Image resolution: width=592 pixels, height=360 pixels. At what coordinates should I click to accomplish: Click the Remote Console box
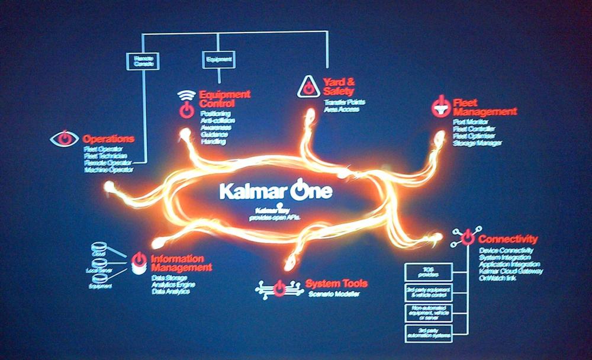point(143,60)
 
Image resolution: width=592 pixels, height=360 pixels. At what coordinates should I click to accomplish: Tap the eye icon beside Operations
point(65,139)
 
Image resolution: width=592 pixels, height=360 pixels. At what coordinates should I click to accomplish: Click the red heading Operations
point(108,139)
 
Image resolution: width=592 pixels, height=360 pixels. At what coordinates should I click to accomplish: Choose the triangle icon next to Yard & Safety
point(308,86)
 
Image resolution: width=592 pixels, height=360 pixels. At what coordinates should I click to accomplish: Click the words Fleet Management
point(484,107)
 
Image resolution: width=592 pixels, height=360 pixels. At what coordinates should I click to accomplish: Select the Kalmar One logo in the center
point(276,191)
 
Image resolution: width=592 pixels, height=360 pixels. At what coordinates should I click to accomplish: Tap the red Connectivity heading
point(508,239)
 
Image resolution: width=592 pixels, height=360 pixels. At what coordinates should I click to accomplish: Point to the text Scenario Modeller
point(334,294)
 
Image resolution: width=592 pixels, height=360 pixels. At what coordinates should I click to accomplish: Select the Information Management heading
point(181,263)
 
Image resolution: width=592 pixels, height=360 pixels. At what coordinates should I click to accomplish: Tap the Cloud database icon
point(98,247)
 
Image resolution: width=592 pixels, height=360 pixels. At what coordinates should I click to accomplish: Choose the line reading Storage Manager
point(477,143)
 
